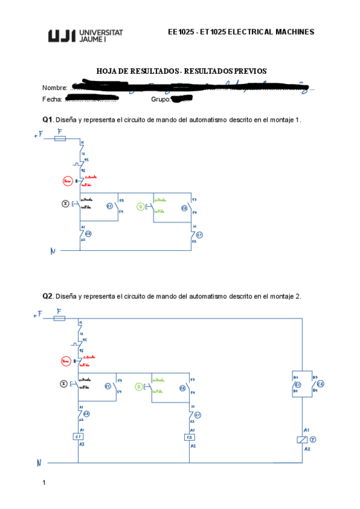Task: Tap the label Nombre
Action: (x=54, y=88)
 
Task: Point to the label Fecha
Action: (x=52, y=99)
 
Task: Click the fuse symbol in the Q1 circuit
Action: (x=60, y=138)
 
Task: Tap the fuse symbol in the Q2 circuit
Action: (x=59, y=318)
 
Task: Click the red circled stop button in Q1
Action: (x=67, y=181)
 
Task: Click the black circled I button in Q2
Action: (x=65, y=384)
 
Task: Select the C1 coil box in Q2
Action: (x=78, y=437)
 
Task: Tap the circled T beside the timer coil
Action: (x=312, y=440)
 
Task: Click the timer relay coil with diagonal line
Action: (x=302, y=440)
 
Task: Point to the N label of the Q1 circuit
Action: (x=52, y=252)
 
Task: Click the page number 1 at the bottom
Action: (x=44, y=483)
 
